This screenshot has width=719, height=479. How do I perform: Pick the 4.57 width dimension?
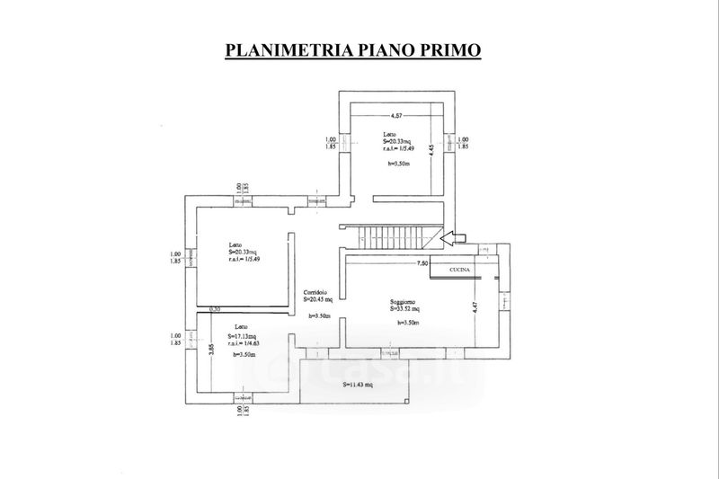click(x=395, y=118)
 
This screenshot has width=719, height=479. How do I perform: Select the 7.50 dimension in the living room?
click(x=422, y=264)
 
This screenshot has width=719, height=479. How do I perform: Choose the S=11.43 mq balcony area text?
click(x=359, y=385)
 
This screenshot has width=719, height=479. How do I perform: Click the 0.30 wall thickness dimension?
click(x=214, y=310)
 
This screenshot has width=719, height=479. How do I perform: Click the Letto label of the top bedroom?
click(x=389, y=134)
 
